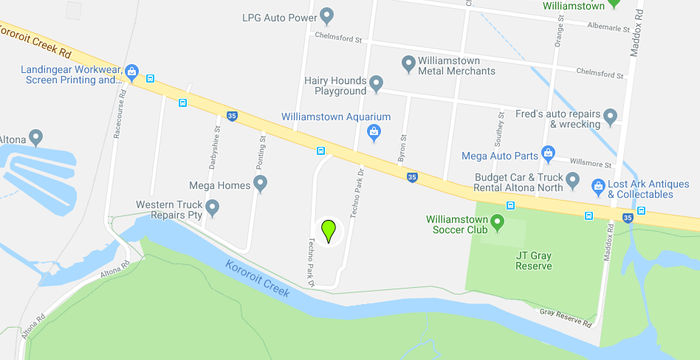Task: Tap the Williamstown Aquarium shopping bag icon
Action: point(374,132)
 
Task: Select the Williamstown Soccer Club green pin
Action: point(497,220)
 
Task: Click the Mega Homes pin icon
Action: point(260,184)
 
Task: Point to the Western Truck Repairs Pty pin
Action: point(212,207)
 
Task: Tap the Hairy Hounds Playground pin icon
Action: point(376,83)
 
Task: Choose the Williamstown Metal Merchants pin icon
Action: point(408,64)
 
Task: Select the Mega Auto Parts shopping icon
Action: point(547,154)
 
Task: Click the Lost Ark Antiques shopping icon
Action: point(597,185)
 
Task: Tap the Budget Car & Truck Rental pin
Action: point(572,182)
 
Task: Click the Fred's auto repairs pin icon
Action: point(610,117)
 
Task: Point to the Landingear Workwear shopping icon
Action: point(130,70)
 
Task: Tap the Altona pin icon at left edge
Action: point(36,137)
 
